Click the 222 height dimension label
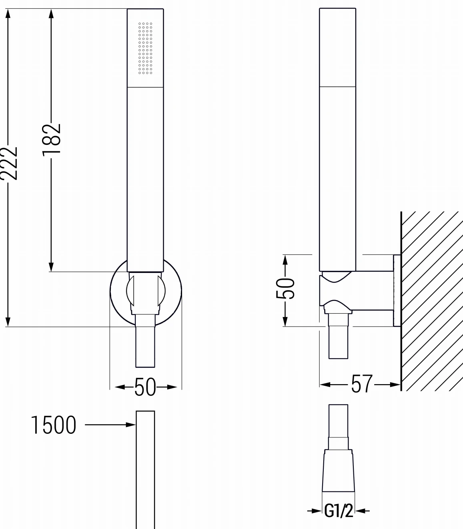(9, 163)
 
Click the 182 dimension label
(51, 138)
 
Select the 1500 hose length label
(53, 425)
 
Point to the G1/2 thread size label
(338, 511)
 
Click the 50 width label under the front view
(145, 387)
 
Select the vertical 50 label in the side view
(285, 288)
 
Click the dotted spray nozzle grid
(145, 48)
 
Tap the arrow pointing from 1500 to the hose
(110, 425)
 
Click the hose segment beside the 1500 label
(145, 468)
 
